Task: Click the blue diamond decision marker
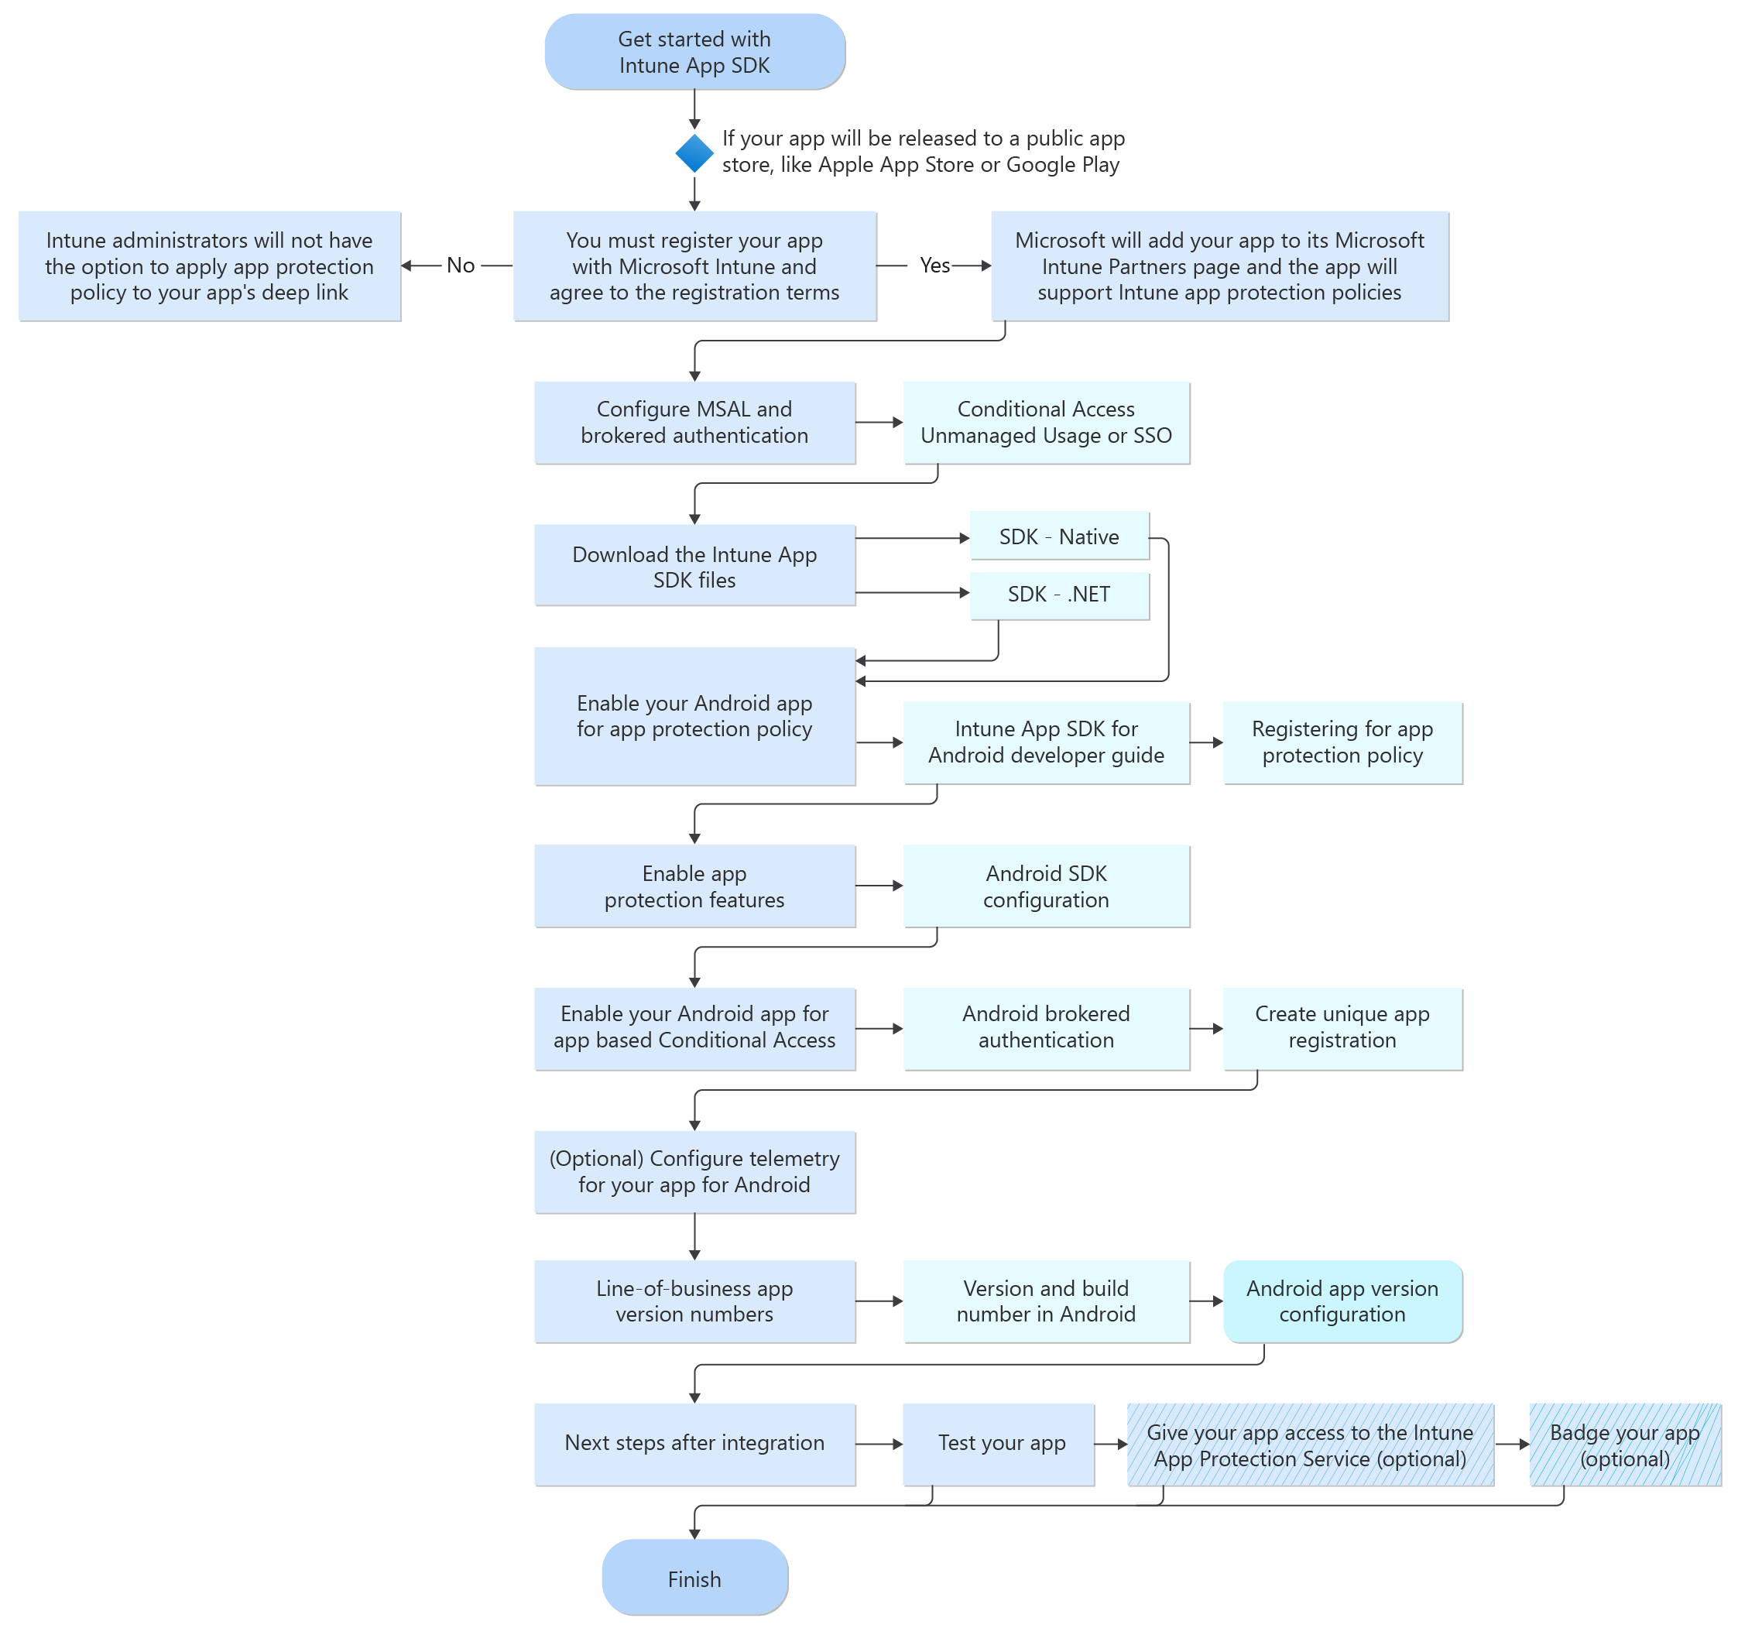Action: pos(694,153)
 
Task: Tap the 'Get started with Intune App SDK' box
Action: pos(694,52)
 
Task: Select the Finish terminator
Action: pos(694,1578)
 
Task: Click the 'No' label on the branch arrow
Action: pos(460,265)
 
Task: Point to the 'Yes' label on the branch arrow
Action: pos(934,265)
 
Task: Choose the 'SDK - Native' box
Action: pos(1059,536)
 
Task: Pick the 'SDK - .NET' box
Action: pos(1059,595)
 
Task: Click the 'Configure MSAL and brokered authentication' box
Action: pos(694,423)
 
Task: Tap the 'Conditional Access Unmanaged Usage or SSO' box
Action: pos(1046,423)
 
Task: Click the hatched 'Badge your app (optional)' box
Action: pos(1624,1445)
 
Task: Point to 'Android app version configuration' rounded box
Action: pos(1342,1301)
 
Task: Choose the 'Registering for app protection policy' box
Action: pos(1342,742)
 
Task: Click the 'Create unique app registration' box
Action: pos(1342,1027)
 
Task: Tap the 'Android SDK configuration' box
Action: pos(1046,886)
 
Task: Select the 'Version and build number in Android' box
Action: pos(1046,1301)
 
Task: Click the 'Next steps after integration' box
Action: pos(694,1444)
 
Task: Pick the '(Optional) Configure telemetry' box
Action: pos(694,1171)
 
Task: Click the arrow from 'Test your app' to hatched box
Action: pos(1111,1445)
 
